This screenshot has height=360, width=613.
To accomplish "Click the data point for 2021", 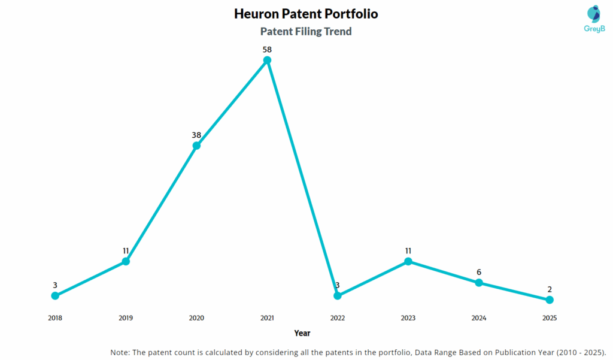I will [267, 60].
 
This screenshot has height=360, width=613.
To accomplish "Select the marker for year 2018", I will [55, 295].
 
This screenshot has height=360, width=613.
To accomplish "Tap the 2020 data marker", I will [196, 146].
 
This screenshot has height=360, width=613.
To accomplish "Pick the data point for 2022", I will [338, 295].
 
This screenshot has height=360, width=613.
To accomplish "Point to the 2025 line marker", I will [550, 300].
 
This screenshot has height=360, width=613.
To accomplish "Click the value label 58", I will [267, 49].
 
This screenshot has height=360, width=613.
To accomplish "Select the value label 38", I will [196, 135].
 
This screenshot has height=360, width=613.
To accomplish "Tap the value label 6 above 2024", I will [479, 272].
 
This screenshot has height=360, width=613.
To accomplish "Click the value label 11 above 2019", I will [126, 250].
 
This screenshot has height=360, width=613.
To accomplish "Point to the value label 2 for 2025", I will [550, 289].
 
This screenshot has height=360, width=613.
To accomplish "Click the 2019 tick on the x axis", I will [126, 318].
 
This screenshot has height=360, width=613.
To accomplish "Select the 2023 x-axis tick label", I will [408, 318].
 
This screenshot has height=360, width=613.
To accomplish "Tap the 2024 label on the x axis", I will [479, 318].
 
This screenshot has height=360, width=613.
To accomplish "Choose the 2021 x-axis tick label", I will [267, 318].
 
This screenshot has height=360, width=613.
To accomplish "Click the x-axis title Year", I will [302, 333].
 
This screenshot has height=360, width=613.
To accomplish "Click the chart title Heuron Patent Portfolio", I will [306, 14].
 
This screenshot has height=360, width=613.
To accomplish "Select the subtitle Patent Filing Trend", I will [306, 32].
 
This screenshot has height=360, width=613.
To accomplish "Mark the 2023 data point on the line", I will [408, 261].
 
